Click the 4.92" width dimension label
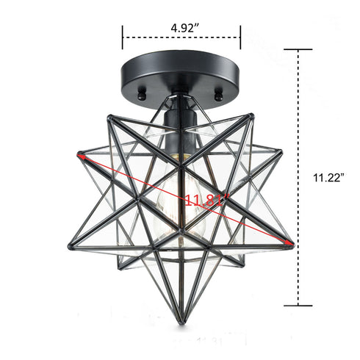coord(182,27)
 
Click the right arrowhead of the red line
coord(292,243)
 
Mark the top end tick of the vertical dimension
coord(298,50)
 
